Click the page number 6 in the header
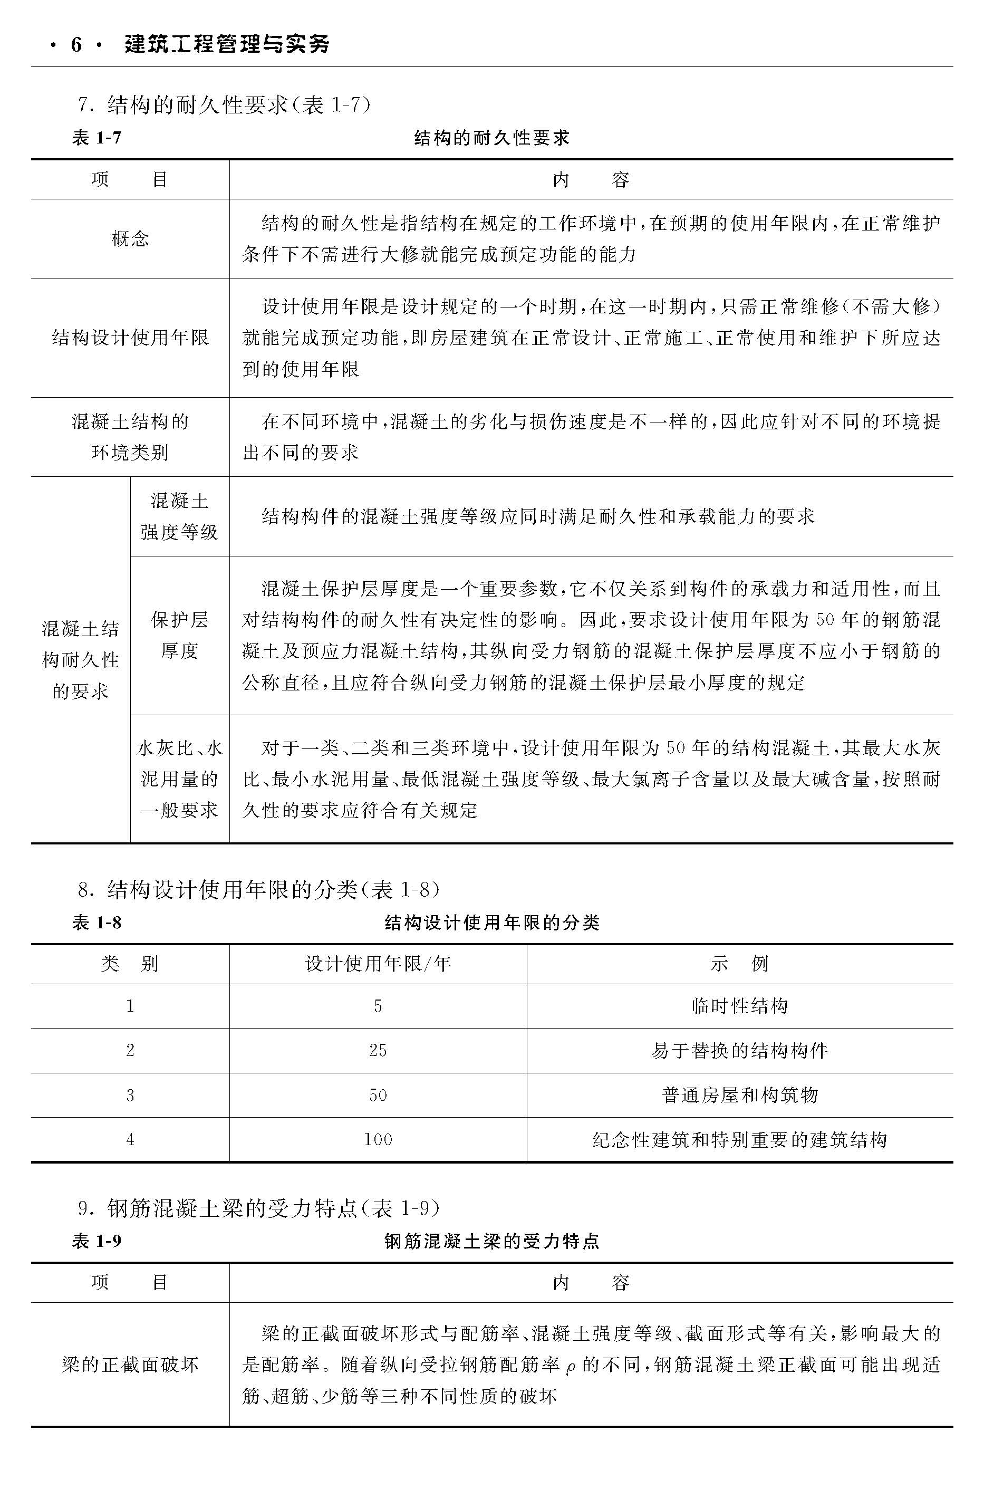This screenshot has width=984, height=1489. [x=76, y=44]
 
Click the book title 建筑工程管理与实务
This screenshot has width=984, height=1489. [x=227, y=44]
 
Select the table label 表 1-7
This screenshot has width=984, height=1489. [x=96, y=138]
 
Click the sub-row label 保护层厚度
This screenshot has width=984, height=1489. [x=179, y=635]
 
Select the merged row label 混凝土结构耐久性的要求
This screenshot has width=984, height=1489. [x=80, y=660]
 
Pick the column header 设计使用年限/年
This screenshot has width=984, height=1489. [x=378, y=964]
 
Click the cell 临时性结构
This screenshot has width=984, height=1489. [x=739, y=1006]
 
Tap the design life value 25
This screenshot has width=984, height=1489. [x=378, y=1051]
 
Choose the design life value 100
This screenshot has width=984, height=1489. [x=378, y=1139]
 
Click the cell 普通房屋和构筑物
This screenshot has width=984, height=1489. [x=739, y=1096]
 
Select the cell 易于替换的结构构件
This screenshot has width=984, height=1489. [x=739, y=1051]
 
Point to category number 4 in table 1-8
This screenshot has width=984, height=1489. [x=130, y=1139]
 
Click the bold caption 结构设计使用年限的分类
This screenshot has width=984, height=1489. [x=492, y=922]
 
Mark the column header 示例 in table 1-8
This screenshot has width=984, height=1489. [x=739, y=964]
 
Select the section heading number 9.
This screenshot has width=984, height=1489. [x=82, y=1208]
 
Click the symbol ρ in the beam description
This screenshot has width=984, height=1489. [x=570, y=1368]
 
